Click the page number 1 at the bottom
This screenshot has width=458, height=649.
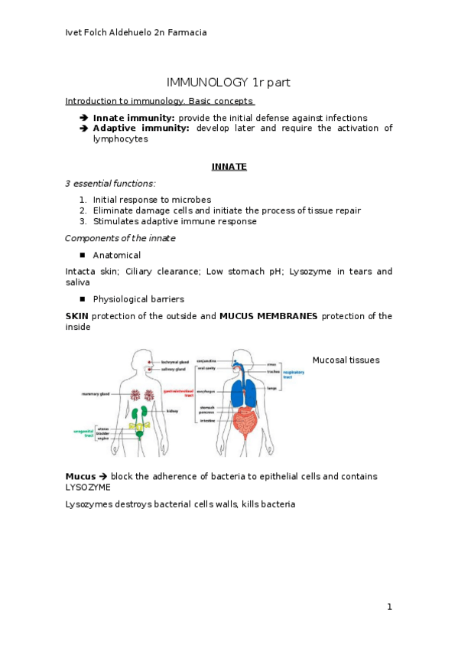click(x=388, y=607)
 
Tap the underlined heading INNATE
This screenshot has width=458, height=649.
click(x=229, y=166)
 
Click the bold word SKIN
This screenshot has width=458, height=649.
click(x=77, y=316)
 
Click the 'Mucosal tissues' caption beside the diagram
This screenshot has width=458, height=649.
click(x=346, y=360)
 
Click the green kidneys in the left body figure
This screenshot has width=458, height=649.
click(x=139, y=413)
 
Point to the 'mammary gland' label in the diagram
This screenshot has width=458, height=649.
click(x=96, y=394)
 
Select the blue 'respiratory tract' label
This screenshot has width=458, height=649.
click(x=293, y=374)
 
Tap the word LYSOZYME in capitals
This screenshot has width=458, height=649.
click(x=88, y=487)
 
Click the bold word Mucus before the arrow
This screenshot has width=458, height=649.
click(x=80, y=476)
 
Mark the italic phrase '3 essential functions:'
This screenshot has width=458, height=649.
click(x=110, y=183)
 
